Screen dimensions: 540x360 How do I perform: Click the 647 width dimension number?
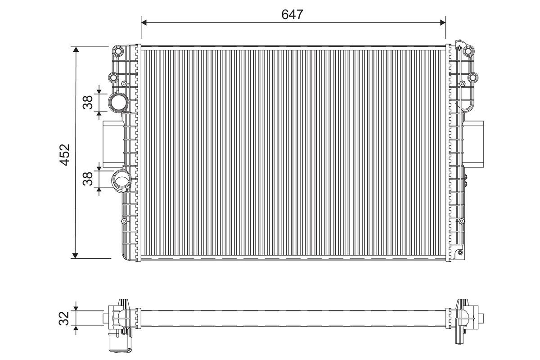[292, 14]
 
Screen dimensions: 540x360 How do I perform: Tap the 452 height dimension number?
[65, 155]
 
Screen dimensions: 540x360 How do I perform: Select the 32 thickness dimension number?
[64, 318]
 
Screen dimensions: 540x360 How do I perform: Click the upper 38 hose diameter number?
[87, 102]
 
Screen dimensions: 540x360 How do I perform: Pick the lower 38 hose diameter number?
[87, 179]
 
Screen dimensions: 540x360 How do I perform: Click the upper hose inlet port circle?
[118, 102]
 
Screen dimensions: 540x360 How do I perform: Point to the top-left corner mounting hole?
[118, 51]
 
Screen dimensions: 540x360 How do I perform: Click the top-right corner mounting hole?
[468, 51]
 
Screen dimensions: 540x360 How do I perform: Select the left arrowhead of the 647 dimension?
[144, 22]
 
